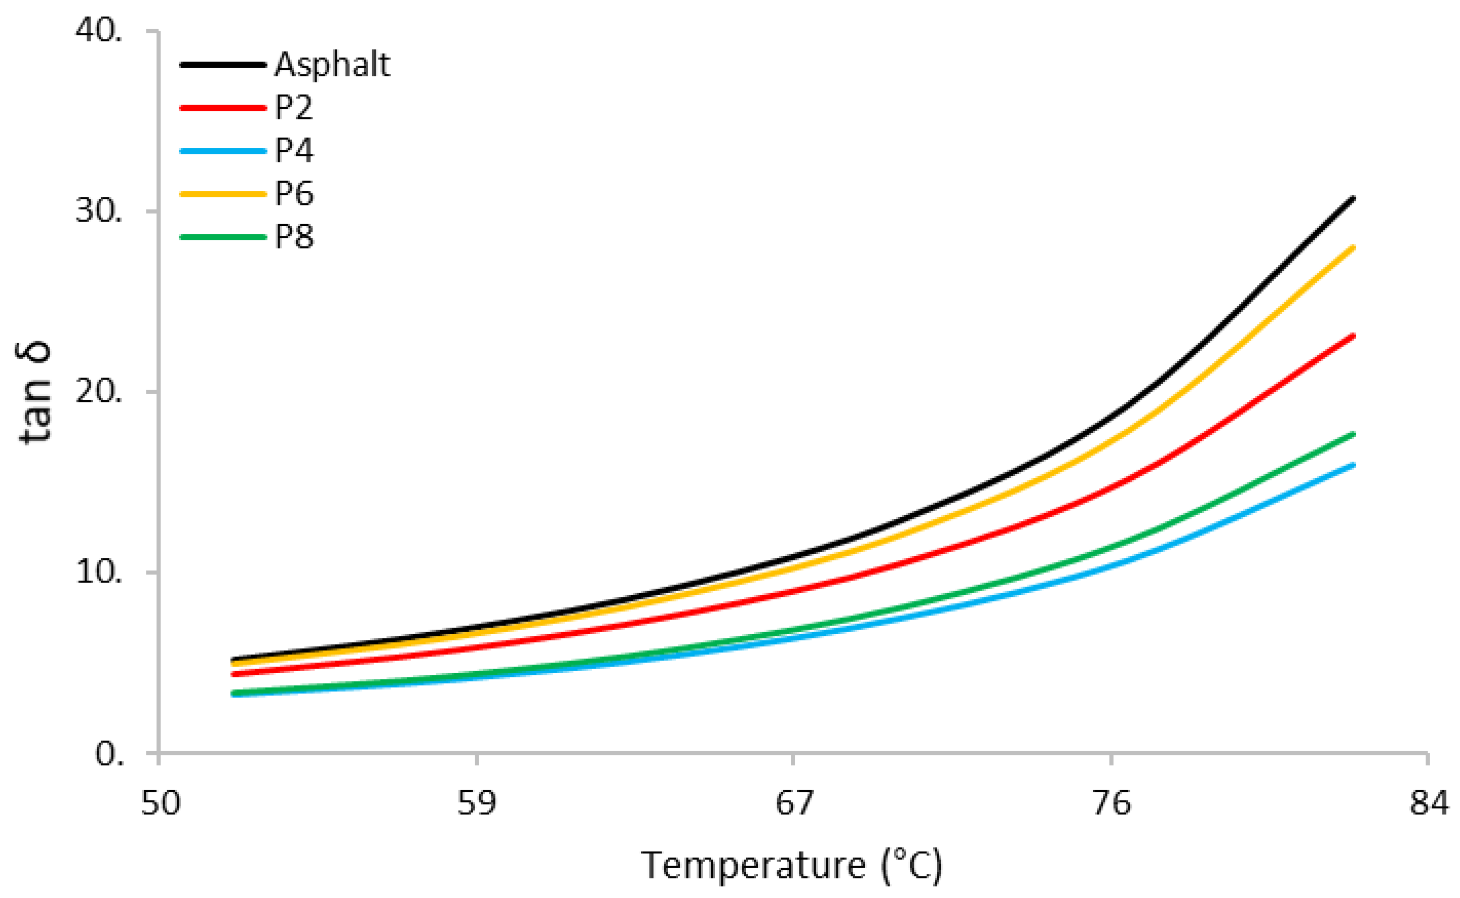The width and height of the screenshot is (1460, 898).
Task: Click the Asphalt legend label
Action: (x=332, y=65)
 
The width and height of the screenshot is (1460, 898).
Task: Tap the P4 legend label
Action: (x=294, y=151)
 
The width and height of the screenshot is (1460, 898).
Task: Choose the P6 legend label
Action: (x=294, y=194)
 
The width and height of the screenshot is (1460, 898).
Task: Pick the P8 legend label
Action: (x=294, y=237)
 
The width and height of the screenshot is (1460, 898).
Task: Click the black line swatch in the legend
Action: (x=223, y=65)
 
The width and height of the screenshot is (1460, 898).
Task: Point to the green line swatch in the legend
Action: (x=223, y=237)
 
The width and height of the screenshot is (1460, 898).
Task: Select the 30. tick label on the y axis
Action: (x=99, y=211)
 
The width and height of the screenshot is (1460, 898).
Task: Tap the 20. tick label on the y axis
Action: (x=99, y=392)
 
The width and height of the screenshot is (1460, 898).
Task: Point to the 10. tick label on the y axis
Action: (x=99, y=573)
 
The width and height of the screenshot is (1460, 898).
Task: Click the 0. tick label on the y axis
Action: (x=109, y=754)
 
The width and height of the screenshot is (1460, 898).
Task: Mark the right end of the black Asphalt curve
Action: (x=1353, y=199)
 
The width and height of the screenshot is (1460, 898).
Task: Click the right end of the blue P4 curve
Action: (x=1353, y=465)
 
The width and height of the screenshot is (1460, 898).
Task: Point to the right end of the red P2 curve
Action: (x=1353, y=336)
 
